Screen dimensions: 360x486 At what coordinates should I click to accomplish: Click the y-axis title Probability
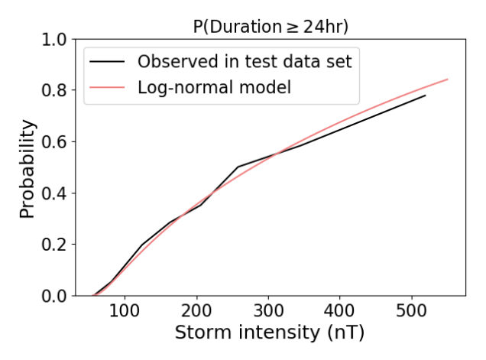click(x=28, y=168)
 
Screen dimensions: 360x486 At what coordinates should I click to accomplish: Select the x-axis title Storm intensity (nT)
click(x=269, y=334)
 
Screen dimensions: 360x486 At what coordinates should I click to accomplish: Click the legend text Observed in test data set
click(x=245, y=62)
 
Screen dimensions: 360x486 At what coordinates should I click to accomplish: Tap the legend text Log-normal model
click(x=214, y=87)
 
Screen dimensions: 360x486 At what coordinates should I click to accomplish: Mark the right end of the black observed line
click(x=426, y=95)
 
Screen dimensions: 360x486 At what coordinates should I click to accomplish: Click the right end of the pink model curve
click(x=448, y=79)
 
